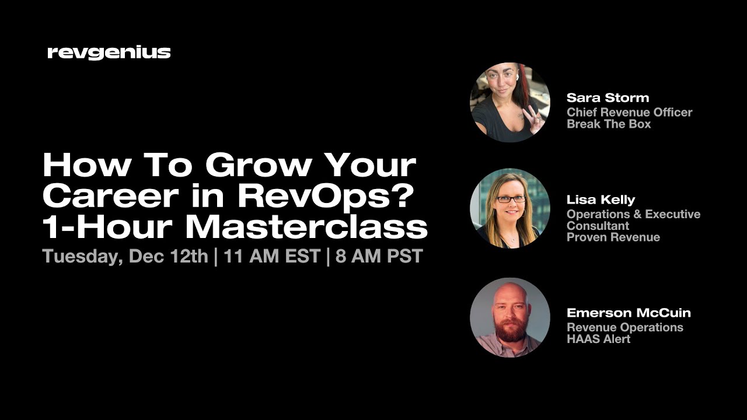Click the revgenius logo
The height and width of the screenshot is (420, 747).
click(109, 53)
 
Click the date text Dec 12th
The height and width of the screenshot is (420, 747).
click(169, 257)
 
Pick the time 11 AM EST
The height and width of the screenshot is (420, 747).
click(271, 257)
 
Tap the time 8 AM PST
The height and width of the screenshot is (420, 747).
click(379, 257)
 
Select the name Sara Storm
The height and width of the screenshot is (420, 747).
click(608, 98)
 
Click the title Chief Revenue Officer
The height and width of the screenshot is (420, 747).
click(629, 112)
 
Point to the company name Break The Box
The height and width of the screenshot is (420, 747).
click(609, 124)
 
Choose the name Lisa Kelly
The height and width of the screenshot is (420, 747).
click(601, 199)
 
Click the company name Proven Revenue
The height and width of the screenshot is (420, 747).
click(613, 237)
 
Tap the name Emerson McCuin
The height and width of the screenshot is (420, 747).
click(629, 313)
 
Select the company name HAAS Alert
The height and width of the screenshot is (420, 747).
click(598, 339)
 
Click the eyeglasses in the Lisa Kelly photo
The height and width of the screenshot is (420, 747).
click(511, 199)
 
